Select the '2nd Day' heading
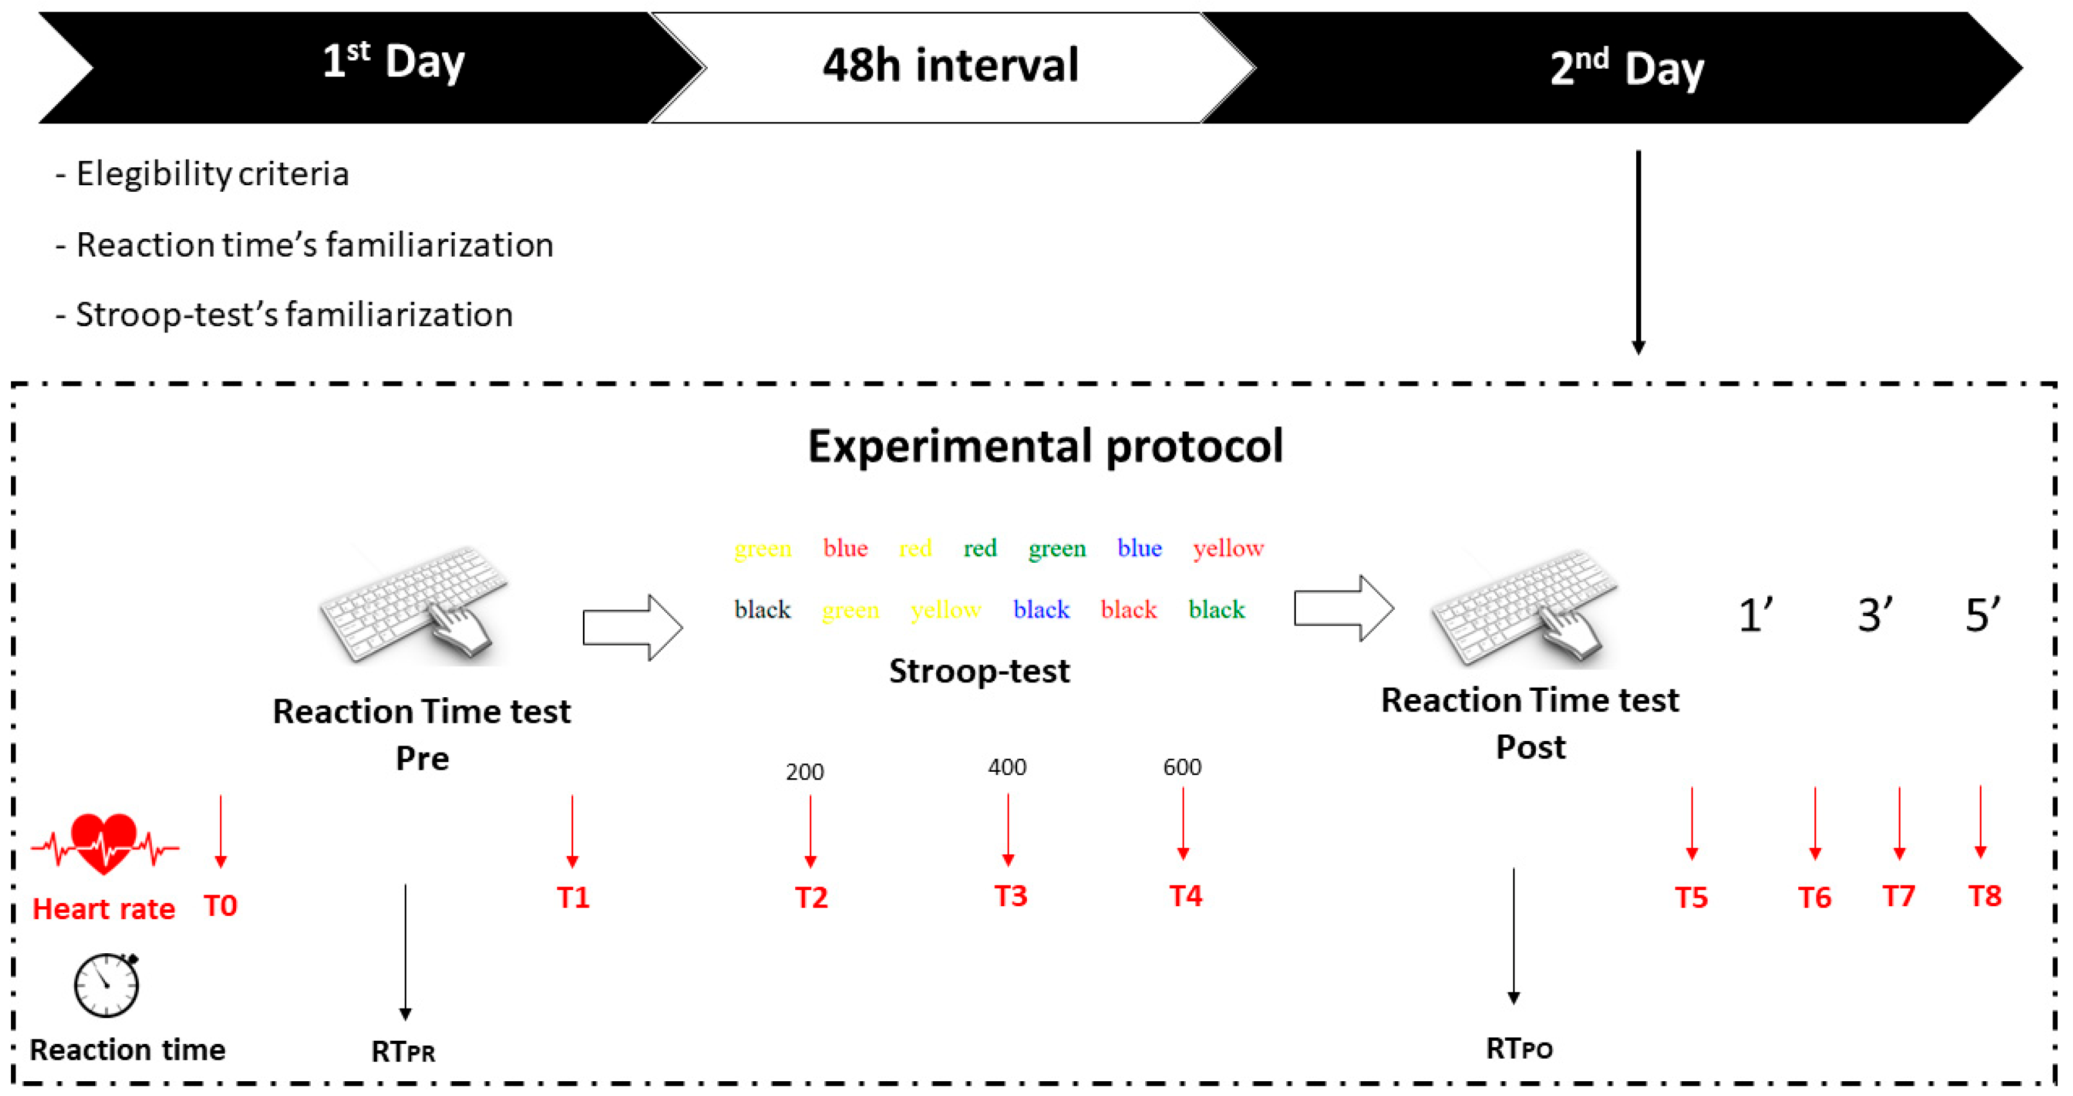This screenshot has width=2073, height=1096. [x=1626, y=68]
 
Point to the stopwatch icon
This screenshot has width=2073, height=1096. [x=106, y=984]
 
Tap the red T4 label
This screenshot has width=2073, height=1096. [x=1185, y=895]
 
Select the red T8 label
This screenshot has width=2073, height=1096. [x=1984, y=895]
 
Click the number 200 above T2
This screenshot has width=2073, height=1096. [x=805, y=772]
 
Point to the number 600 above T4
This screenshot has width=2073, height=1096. [x=1182, y=767]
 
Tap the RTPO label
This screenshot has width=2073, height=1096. [x=1519, y=1048]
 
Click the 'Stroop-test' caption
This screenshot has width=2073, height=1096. [x=979, y=670]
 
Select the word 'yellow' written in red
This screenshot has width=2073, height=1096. [x=1228, y=549]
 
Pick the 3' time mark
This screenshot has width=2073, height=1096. [x=1874, y=616]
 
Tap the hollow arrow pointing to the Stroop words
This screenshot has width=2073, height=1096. [x=632, y=628]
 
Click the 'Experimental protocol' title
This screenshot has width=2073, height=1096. [x=1046, y=446]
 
